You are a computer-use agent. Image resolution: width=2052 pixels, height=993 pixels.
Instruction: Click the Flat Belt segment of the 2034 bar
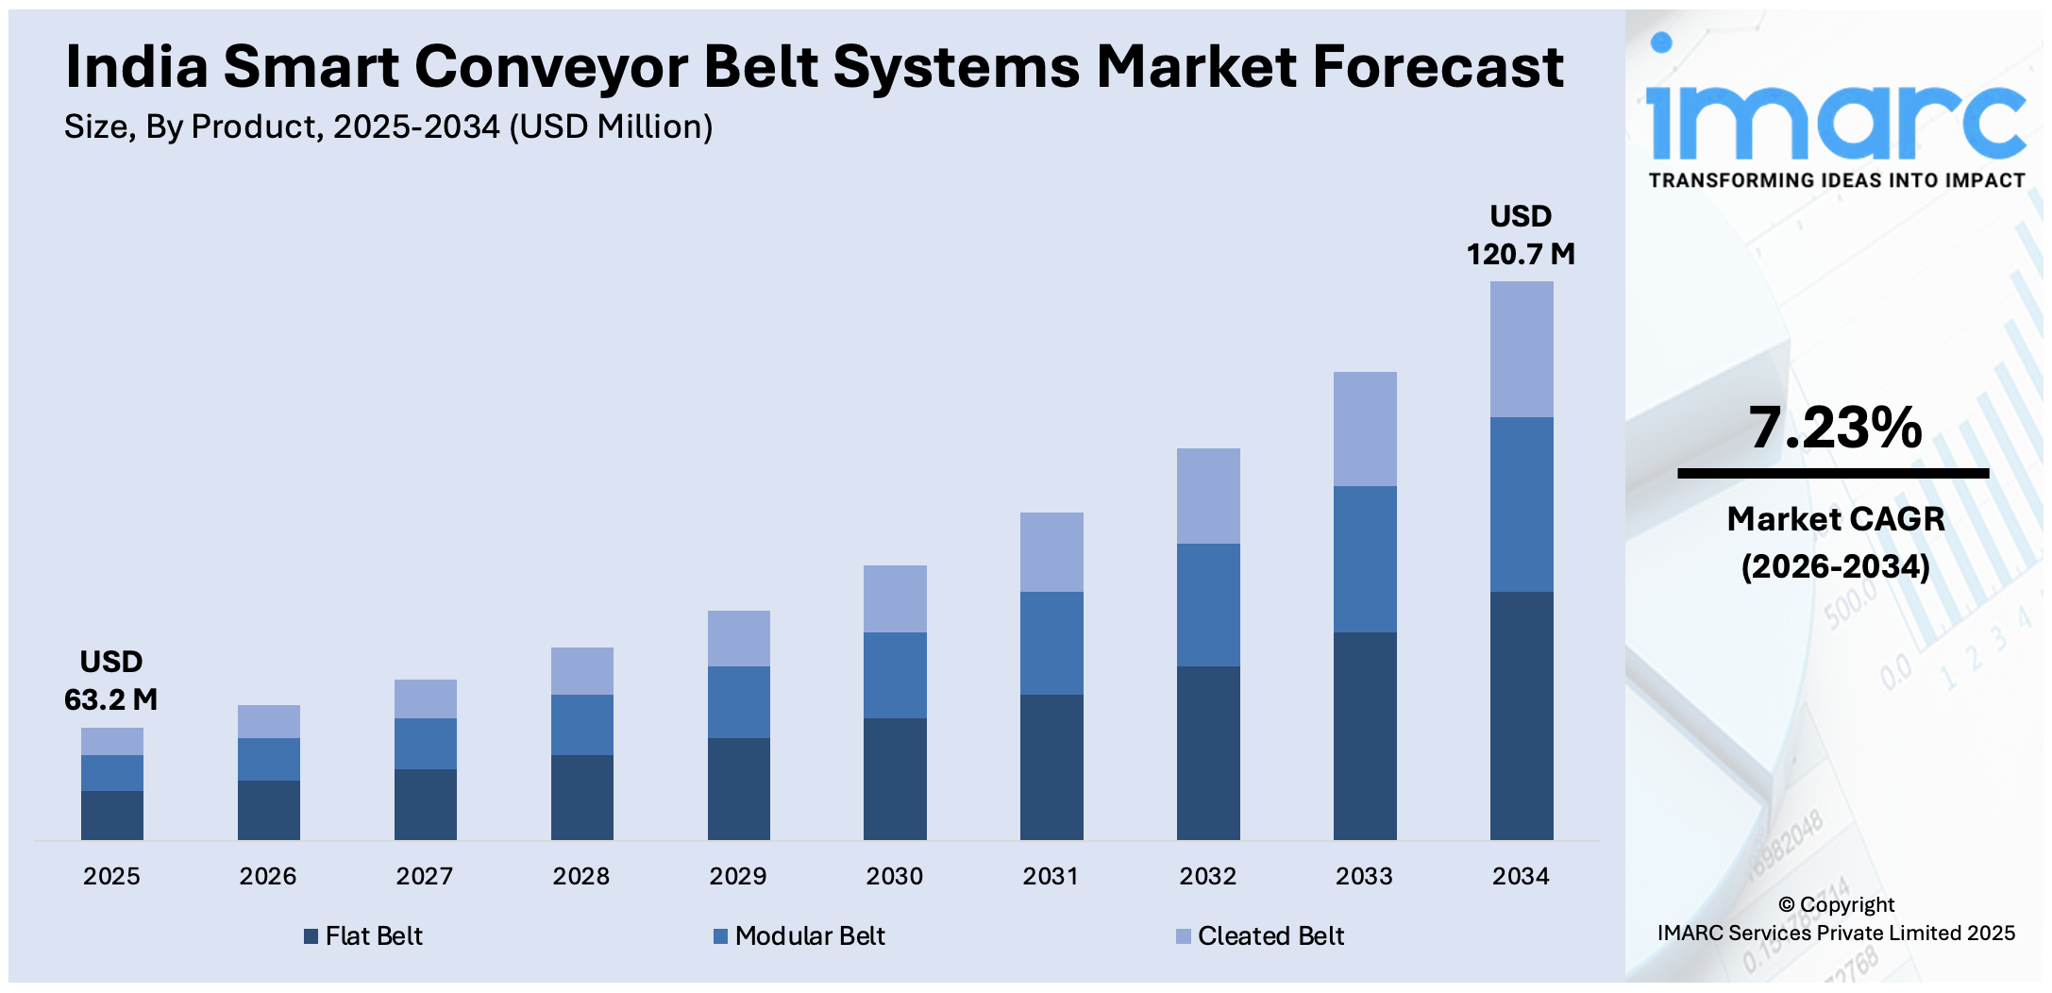pos(1521,715)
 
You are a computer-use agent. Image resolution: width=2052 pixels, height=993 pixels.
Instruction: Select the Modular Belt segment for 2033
pos(1364,559)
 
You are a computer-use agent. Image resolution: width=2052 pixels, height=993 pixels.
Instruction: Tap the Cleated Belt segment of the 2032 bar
pos(1208,496)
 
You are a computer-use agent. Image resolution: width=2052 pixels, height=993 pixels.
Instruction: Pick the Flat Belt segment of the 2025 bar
pos(111,815)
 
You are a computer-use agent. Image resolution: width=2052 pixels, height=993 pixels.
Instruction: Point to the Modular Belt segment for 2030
pos(895,675)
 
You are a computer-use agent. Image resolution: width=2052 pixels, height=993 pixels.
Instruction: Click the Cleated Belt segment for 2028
pos(581,671)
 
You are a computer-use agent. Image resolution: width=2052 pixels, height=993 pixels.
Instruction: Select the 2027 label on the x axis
pos(424,876)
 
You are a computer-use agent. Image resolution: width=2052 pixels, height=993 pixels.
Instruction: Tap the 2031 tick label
pos(1051,876)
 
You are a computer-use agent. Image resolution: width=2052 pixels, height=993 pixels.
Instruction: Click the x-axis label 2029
pos(737,876)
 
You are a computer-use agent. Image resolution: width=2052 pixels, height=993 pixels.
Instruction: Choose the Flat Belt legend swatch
pos(311,936)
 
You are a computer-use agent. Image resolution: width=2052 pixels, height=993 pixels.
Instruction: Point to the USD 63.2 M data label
pos(110,681)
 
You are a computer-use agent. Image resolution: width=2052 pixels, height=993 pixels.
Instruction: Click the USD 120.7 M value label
pos(1520,235)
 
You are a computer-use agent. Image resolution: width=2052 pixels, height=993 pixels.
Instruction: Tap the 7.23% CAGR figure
pos(1835,428)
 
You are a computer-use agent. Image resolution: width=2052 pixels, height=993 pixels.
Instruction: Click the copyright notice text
pos(1835,918)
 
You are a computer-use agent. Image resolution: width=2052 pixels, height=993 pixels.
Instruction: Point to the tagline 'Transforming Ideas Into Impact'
pos(1836,180)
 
